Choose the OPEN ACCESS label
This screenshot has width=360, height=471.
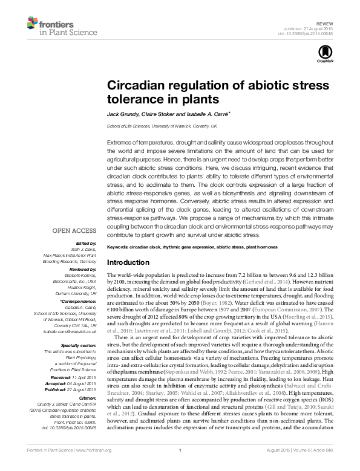click(74, 230)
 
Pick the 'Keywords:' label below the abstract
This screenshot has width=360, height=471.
click(119, 248)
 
